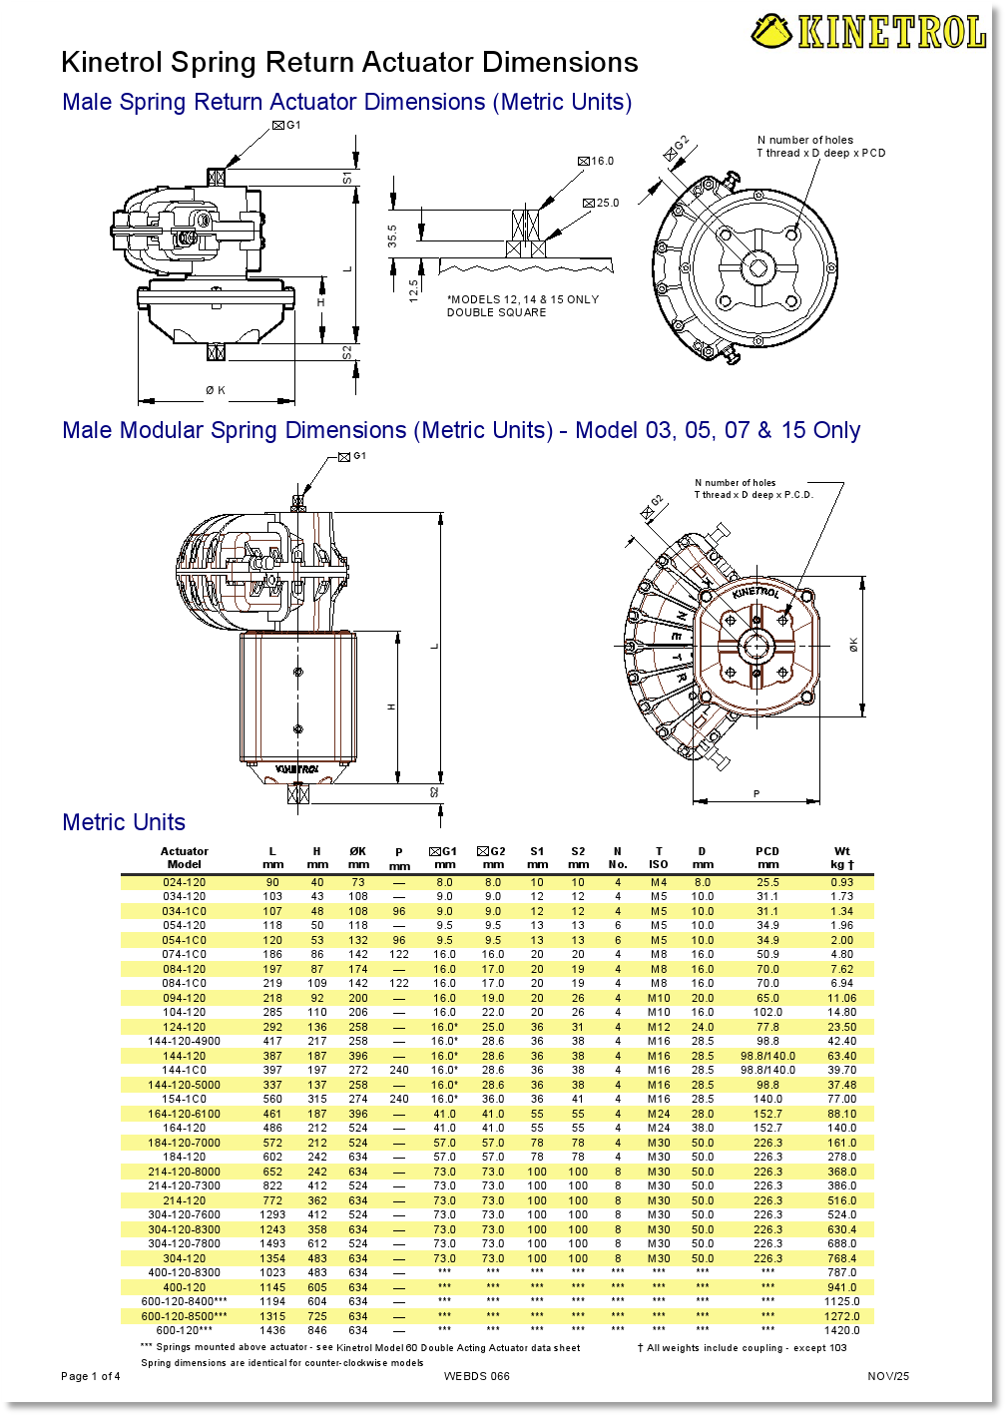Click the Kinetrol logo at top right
click(x=868, y=31)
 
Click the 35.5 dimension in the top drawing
click(x=392, y=236)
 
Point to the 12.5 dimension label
click(x=413, y=289)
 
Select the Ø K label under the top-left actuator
click(x=216, y=390)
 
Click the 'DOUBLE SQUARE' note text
click(x=496, y=312)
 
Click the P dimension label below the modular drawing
click(x=756, y=794)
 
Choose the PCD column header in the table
click(x=767, y=857)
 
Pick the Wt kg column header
click(x=842, y=857)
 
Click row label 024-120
click(x=185, y=882)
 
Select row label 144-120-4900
click(x=185, y=1041)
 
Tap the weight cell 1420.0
click(x=842, y=1330)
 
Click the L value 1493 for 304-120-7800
click(x=272, y=1243)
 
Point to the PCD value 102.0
click(x=767, y=1012)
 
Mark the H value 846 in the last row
click(x=317, y=1330)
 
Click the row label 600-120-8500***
click(x=185, y=1316)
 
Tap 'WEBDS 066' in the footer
click(x=477, y=1376)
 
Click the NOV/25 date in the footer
click(x=888, y=1376)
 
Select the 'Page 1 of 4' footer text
click(x=91, y=1376)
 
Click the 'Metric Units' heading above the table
click(x=124, y=822)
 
